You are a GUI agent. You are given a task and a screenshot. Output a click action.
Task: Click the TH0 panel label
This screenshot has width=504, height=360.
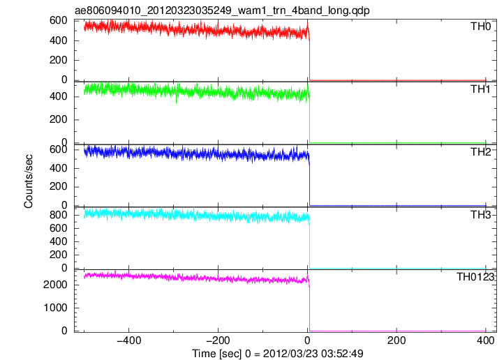(480, 27)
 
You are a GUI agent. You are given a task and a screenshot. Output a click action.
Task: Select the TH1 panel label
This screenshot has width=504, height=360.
(480, 89)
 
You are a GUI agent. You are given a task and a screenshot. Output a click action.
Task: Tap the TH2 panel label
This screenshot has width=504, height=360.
(480, 152)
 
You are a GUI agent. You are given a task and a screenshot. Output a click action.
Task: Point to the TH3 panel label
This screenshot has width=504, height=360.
(480, 214)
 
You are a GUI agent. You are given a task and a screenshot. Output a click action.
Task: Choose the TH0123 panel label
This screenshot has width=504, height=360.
(475, 277)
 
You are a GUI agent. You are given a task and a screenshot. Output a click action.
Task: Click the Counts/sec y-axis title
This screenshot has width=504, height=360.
(29, 181)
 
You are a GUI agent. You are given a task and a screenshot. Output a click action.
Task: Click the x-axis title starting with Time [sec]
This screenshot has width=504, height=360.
(278, 354)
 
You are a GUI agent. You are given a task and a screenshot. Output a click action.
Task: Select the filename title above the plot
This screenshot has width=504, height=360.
(222, 10)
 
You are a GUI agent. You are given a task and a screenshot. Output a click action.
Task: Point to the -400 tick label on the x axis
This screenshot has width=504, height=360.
(129, 340)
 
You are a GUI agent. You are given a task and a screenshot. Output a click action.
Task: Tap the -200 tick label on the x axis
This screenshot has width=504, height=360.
(218, 340)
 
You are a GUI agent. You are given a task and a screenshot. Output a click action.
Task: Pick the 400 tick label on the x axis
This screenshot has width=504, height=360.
(485, 340)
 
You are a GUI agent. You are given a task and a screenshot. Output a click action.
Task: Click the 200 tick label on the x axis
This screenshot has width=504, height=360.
(396, 340)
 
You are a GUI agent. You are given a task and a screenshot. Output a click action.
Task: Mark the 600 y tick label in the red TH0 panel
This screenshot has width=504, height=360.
(59, 20)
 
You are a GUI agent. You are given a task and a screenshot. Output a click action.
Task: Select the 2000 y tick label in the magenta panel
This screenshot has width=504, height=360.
(55, 285)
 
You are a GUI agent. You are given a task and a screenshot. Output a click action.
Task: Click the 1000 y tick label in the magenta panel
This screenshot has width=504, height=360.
(55, 308)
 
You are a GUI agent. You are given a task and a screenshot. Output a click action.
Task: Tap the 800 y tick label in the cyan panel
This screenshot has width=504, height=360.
(59, 215)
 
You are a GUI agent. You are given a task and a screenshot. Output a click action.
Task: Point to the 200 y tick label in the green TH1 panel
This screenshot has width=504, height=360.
(59, 119)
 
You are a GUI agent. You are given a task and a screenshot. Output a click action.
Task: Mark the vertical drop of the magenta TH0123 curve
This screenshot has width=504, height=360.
(309, 308)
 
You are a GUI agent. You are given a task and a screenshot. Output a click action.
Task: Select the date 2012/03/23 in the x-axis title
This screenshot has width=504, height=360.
(290, 354)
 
